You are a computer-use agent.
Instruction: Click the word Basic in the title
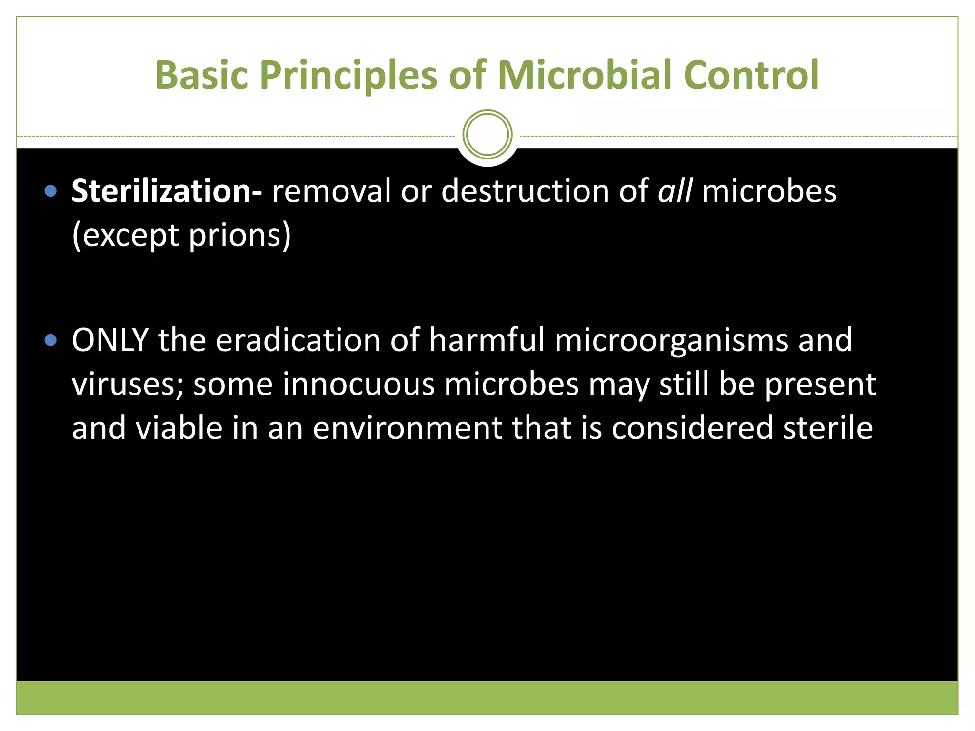(201, 75)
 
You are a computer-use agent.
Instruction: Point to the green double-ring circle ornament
(487, 135)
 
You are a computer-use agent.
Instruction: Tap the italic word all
(675, 191)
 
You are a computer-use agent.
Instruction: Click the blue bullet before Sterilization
(50, 191)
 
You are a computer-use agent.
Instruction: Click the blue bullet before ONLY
(50, 340)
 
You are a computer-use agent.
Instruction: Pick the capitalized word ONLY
(110, 340)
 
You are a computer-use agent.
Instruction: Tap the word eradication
(298, 340)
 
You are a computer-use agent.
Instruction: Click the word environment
(407, 428)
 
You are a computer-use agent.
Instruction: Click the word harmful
(486, 340)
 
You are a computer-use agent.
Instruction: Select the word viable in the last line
(179, 428)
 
